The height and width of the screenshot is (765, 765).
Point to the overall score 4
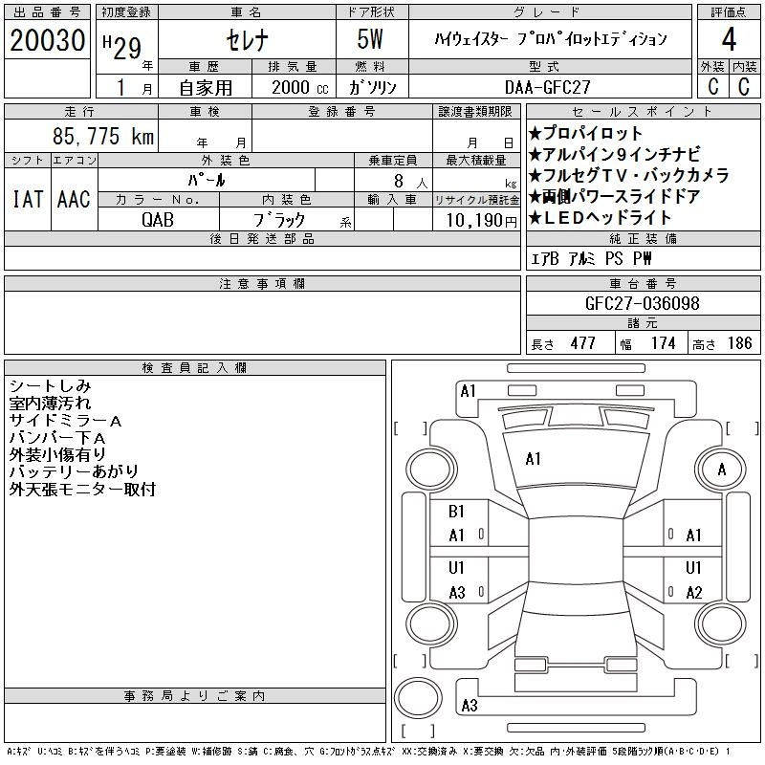coord(729,40)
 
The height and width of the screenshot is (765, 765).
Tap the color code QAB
coord(158,219)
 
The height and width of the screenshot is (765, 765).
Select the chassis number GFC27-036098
coord(642,304)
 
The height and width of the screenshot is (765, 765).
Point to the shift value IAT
coord(28,200)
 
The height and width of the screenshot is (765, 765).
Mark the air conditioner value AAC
coord(74,200)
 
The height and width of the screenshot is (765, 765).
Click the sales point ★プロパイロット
coord(585,134)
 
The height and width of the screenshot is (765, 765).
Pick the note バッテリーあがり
coord(74,471)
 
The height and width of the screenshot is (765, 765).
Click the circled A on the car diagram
coord(722,470)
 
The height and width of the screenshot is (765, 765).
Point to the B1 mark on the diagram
coord(456,512)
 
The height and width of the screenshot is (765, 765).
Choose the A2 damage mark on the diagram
coord(693,593)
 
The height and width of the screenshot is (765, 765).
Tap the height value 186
coord(739,343)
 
